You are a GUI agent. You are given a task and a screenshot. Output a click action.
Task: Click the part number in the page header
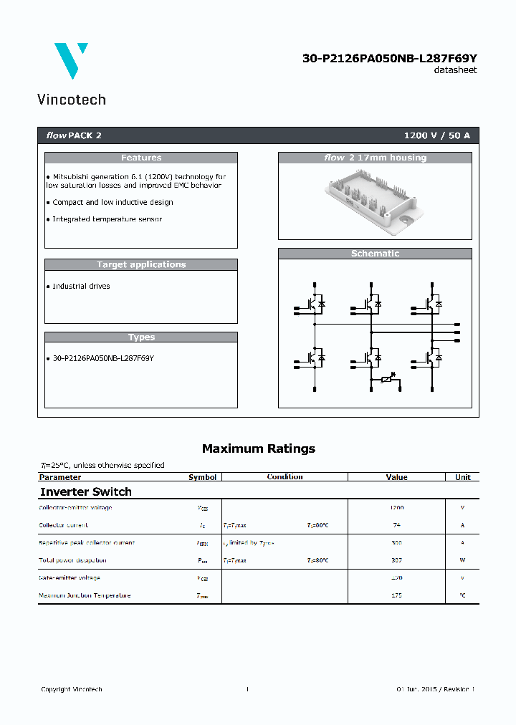click(389, 59)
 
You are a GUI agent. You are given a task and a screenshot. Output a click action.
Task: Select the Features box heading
click(141, 158)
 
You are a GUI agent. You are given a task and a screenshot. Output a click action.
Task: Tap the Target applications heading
click(141, 264)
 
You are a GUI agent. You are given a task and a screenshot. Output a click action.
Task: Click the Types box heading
click(141, 337)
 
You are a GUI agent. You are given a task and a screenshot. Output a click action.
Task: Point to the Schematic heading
click(375, 254)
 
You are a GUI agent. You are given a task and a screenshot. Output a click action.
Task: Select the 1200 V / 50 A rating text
click(437, 135)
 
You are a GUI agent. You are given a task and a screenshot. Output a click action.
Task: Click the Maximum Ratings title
click(258, 448)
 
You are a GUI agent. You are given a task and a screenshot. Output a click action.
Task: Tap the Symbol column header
click(202, 477)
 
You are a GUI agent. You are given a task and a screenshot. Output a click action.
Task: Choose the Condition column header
click(285, 477)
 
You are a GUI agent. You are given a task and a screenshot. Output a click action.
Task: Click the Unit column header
click(462, 477)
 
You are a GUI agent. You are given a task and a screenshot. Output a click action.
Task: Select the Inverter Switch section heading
click(85, 491)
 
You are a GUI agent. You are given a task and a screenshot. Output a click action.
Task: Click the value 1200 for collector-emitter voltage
click(396, 508)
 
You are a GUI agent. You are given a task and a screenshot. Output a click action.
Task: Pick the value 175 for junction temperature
click(396, 595)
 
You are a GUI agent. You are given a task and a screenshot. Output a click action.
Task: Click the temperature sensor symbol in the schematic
click(388, 379)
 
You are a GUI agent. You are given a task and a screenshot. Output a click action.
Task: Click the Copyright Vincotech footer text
click(72, 689)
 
